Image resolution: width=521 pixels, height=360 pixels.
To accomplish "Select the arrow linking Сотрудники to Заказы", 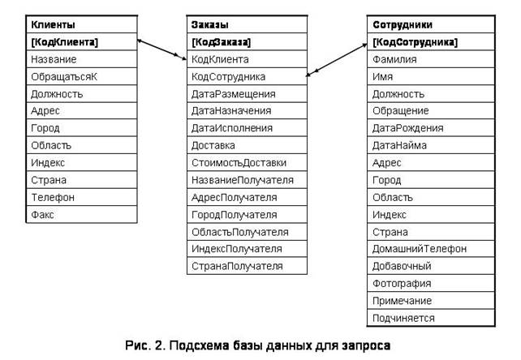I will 335,59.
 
